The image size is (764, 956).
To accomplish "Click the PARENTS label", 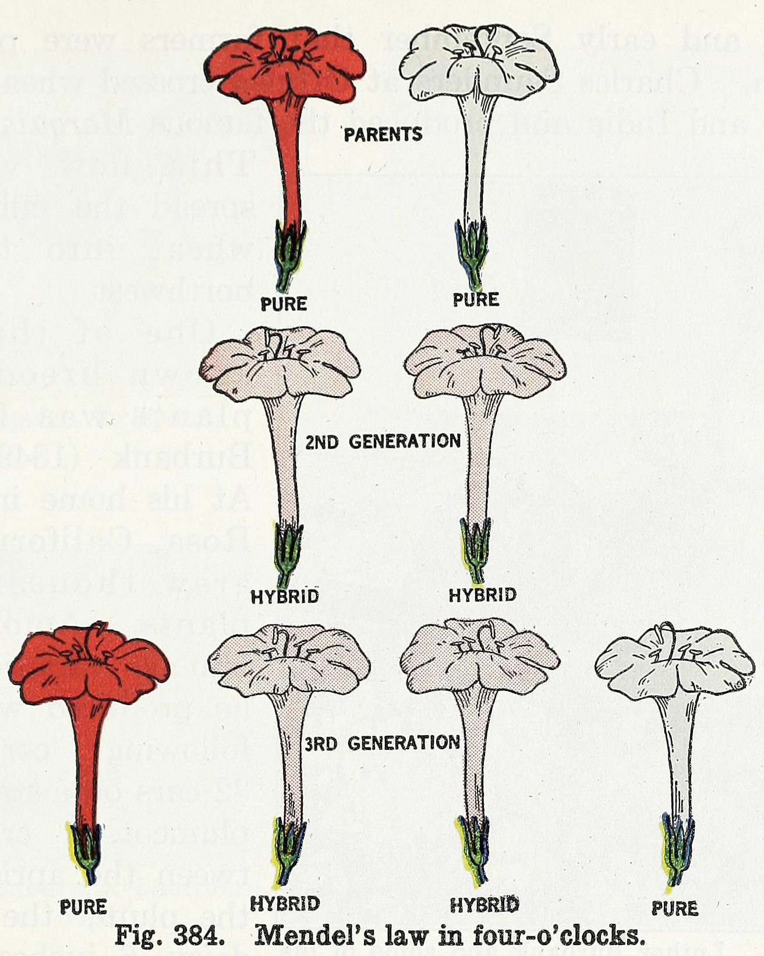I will pos(383,135).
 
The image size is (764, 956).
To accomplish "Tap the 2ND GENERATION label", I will pos(383,442).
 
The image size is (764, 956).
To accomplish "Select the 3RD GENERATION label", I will pos(383,743).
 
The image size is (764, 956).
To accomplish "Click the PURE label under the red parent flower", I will pos(284,304).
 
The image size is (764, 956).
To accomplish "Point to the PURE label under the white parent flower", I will pos(476,299).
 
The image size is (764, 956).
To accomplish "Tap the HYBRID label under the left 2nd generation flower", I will pos(285,597).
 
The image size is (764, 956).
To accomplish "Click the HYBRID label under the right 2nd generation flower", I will pos(482,595).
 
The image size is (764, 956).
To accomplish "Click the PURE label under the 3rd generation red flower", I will pos(83,906).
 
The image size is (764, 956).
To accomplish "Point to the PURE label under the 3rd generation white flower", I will pos(674,908).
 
